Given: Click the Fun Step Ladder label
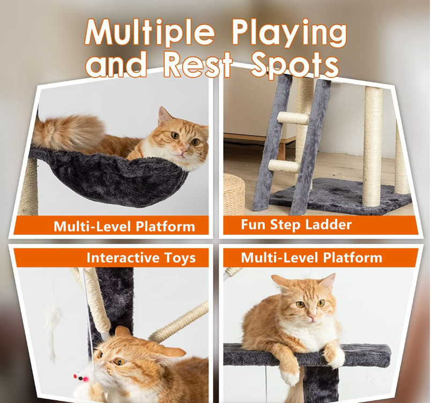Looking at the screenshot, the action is click(x=296, y=225).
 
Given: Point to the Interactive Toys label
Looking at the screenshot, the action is click(x=141, y=258).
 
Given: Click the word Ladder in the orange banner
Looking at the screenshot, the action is click(x=329, y=224).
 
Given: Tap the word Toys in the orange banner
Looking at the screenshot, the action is click(x=180, y=258).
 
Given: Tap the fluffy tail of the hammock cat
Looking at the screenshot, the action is click(x=69, y=132).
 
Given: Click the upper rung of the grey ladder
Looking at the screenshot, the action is click(x=293, y=118).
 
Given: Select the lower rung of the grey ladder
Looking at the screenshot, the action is click(x=283, y=166).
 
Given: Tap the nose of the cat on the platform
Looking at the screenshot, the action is click(x=311, y=318).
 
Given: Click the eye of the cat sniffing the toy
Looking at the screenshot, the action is click(x=119, y=361).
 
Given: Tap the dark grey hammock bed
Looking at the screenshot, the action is click(x=110, y=178).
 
